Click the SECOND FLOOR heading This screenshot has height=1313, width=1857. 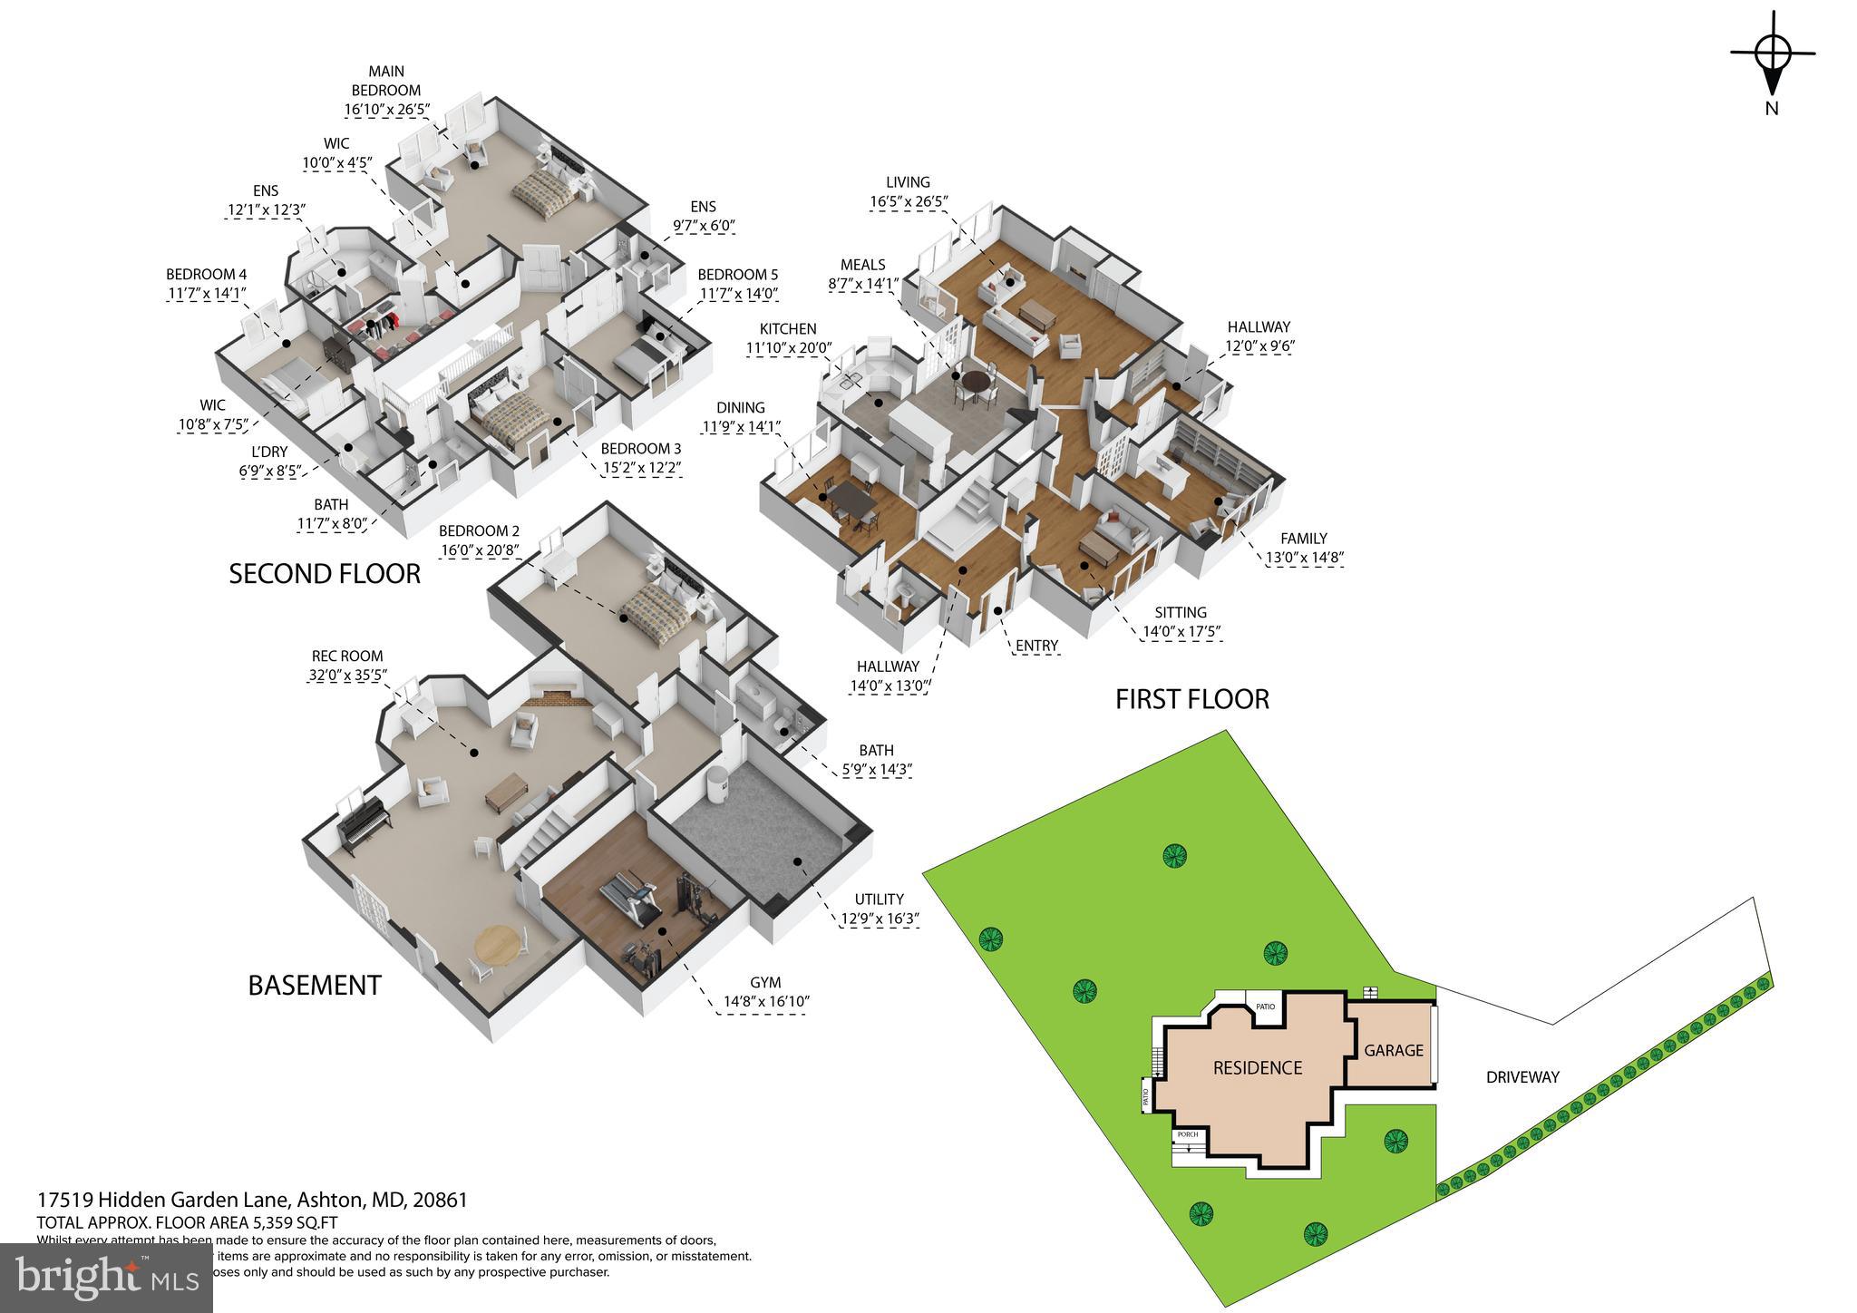click(x=325, y=574)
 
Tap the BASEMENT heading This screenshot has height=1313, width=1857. click(x=315, y=986)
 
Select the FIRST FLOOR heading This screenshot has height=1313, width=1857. click(x=1191, y=699)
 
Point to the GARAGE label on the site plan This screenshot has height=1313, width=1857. click(x=1394, y=1050)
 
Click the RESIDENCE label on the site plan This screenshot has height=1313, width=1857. click(x=1258, y=1068)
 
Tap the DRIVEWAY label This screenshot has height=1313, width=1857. click(x=1522, y=1077)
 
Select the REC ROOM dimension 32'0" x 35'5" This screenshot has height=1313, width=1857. click(x=346, y=675)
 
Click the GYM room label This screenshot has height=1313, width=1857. click(x=765, y=983)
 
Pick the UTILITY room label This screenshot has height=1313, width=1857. click(x=879, y=900)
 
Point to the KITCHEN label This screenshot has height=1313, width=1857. click(x=788, y=329)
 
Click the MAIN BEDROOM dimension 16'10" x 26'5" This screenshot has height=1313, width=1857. click(x=386, y=110)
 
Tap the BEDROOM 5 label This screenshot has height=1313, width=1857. click(x=737, y=275)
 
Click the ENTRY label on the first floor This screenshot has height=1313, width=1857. click(x=1036, y=646)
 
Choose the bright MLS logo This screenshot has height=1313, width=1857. click(x=106, y=1278)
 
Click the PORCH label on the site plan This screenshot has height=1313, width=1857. click(x=1187, y=1134)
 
